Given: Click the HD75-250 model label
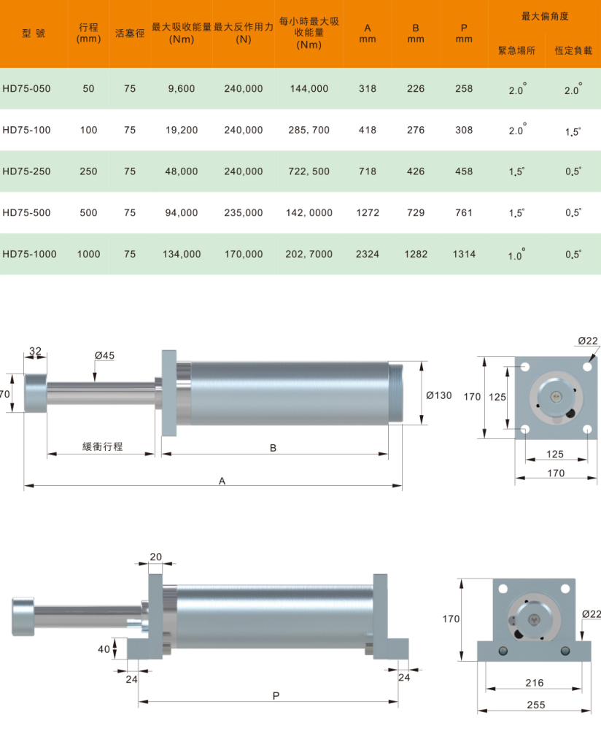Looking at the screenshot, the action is point(26,171).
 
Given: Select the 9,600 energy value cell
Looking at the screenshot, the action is point(182,89).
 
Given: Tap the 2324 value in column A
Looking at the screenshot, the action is point(368,255).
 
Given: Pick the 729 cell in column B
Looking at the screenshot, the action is point(416,213).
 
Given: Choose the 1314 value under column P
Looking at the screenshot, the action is point(464,255).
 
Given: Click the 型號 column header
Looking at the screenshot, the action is point(34,34).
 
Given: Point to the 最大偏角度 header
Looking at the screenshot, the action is point(545,16).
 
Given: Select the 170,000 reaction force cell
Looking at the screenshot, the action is point(244,255).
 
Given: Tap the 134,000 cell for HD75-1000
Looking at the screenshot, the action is point(182,255).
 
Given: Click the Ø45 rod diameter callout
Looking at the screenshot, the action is point(104,355).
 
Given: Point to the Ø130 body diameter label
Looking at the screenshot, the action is point(438,395).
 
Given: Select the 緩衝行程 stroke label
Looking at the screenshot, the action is point(102,446).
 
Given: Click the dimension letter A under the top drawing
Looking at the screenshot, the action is point(222,481).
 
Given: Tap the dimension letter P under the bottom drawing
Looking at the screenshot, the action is point(276,696).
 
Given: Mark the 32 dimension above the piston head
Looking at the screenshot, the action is point(35,351).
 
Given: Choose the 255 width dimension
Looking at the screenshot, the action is point(536,705).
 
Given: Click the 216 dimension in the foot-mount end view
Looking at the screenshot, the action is point(535,683).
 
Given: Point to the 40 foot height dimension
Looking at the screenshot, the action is point(104,649).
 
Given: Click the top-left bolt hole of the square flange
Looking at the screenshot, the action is point(525,367).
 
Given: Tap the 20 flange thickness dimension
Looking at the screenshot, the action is point(156,557).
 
